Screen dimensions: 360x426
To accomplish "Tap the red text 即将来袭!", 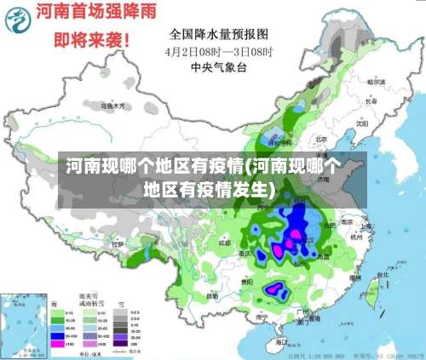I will [x=91, y=39].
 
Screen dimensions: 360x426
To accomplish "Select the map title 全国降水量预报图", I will [x=219, y=34].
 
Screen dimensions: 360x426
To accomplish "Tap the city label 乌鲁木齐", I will [x=113, y=106].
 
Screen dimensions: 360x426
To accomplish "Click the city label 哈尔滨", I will [x=375, y=83].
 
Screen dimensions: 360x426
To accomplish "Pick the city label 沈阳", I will [x=362, y=123].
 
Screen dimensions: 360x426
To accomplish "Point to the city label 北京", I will [x=321, y=140].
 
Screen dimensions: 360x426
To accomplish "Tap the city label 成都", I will [x=224, y=243].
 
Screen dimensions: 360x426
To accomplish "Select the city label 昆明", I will [x=211, y=295].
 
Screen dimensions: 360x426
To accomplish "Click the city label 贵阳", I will [x=246, y=281].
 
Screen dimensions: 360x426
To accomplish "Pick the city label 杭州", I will [x=355, y=239].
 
